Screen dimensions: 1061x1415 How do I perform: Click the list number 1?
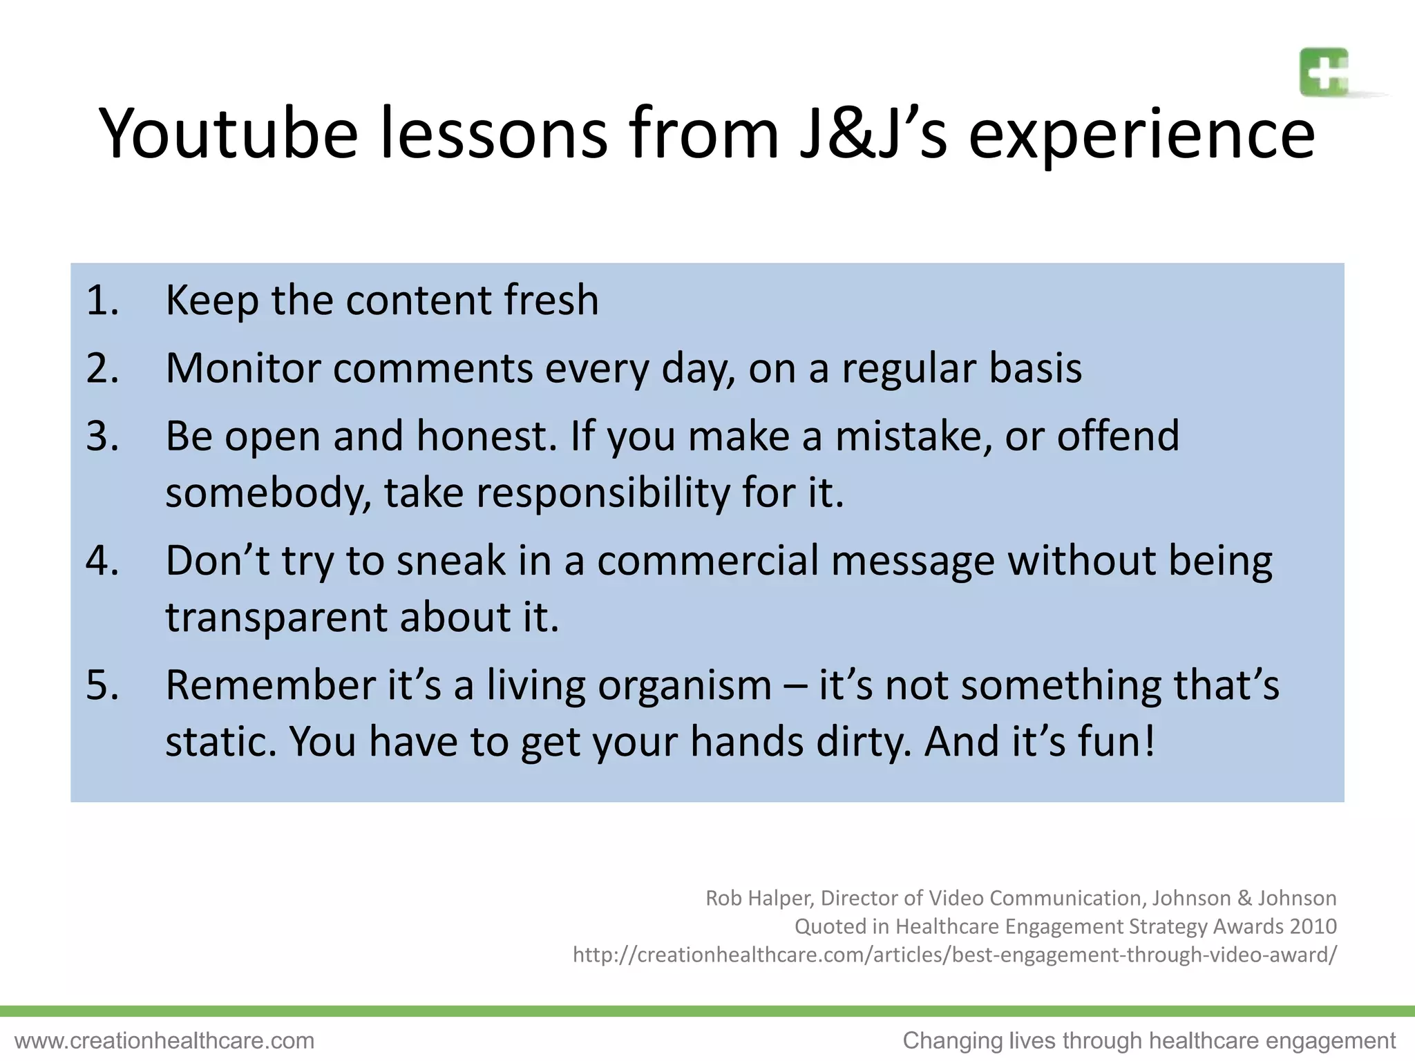[x=102, y=301]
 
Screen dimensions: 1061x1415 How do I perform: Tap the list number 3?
[x=102, y=437]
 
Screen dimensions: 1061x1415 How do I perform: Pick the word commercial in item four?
[x=707, y=560]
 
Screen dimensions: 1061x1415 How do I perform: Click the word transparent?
[x=276, y=617]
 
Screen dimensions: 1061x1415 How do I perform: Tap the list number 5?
[x=102, y=685]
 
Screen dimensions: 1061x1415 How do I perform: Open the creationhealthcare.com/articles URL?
[x=954, y=955]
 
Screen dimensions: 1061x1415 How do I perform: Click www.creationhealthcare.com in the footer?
[x=164, y=1040]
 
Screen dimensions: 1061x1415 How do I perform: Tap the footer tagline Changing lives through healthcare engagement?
[x=1149, y=1040]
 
